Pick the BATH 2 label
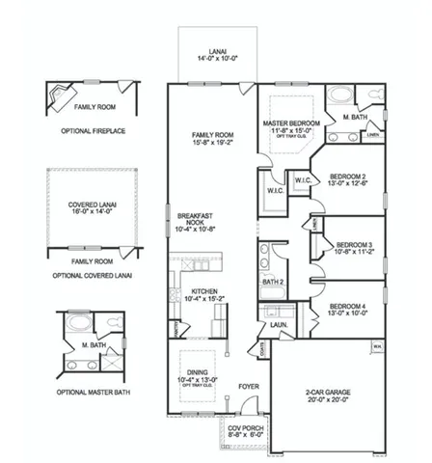pos(274,283)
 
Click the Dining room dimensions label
pos(202,380)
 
